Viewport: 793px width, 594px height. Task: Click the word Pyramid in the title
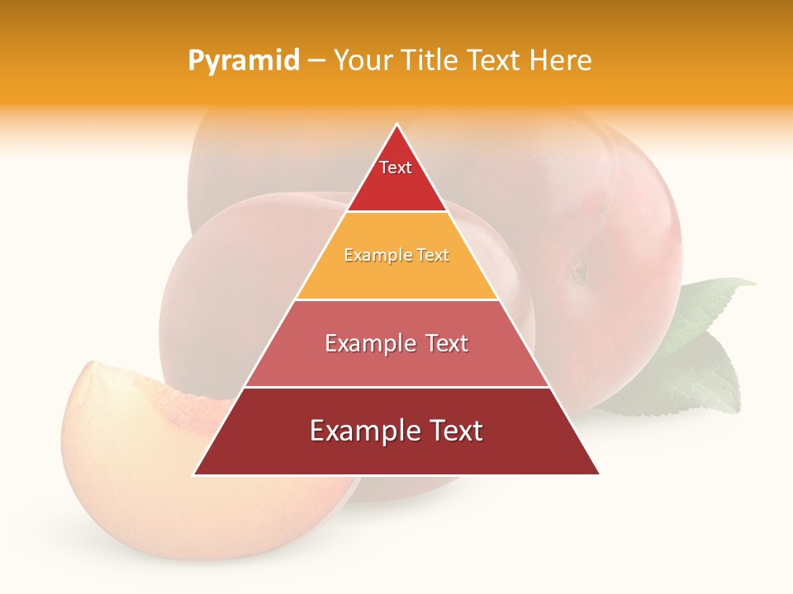(x=243, y=61)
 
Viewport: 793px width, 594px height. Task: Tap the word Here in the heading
(x=562, y=60)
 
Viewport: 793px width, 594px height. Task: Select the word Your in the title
(x=362, y=60)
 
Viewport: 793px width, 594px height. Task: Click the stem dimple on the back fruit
(x=580, y=269)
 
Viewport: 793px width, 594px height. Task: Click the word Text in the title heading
(x=491, y=60)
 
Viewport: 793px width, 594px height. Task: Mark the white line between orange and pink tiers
(x=396, y=299)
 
